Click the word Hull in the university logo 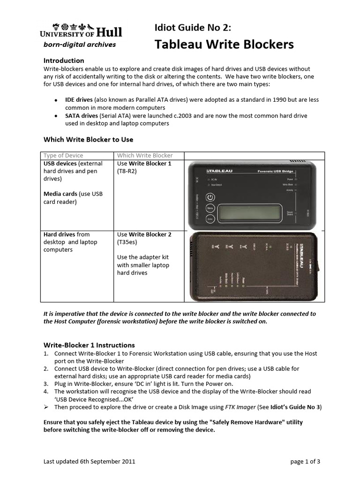click(x=110, y=32)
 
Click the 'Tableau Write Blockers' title click(x=224, y=45)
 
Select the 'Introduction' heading click(x=64, y=60)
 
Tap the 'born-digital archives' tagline click(x=80, y=45)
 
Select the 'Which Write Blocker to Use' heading click(x=88, y=139)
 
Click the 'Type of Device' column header click(x=63, y=155)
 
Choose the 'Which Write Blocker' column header click(x=144, y=155)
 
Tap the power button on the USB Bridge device click(x=210, y=197)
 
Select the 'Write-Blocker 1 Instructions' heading click(x=89, y=345)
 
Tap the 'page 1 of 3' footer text click(x=305, y=462)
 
